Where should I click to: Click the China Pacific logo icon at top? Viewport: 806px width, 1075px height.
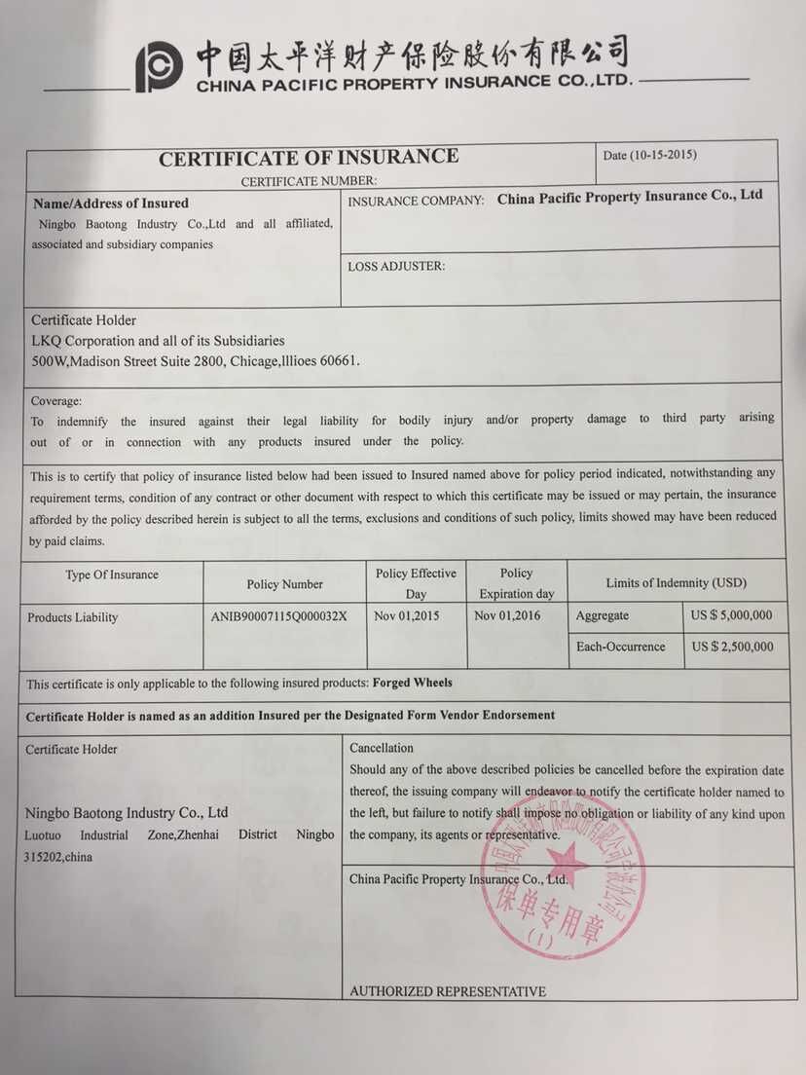click(x=159, y=68)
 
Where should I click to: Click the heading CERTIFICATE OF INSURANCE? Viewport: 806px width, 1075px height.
click(x=309, y=158)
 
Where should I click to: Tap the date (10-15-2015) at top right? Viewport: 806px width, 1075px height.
click(x=650, y=155)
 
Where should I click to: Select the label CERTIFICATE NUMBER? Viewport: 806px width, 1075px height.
click(x=309, y=181)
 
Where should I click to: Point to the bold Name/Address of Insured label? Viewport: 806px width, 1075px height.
click(x=111, y=204)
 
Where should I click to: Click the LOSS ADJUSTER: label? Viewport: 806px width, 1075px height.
click(x=396, y=266)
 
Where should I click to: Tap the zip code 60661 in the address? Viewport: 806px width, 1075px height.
click(x=340, y=360)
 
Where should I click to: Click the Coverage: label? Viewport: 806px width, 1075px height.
click(x=56, y=401)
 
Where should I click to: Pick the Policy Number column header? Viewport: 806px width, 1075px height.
click(x=285, y=584)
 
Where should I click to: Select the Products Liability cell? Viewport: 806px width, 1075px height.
click(x=73, y=617)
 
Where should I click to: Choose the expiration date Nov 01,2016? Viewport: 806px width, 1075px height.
click(x=507, y=615)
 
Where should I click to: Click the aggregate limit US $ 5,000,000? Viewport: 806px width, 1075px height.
click(x=731, y=615)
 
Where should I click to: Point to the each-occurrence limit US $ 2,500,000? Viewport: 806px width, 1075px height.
click(x=732, y=647)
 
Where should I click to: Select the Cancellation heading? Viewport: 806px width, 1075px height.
click(x=382, y=748)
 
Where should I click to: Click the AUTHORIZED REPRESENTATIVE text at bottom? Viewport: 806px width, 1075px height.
click(x=448, y=991)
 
